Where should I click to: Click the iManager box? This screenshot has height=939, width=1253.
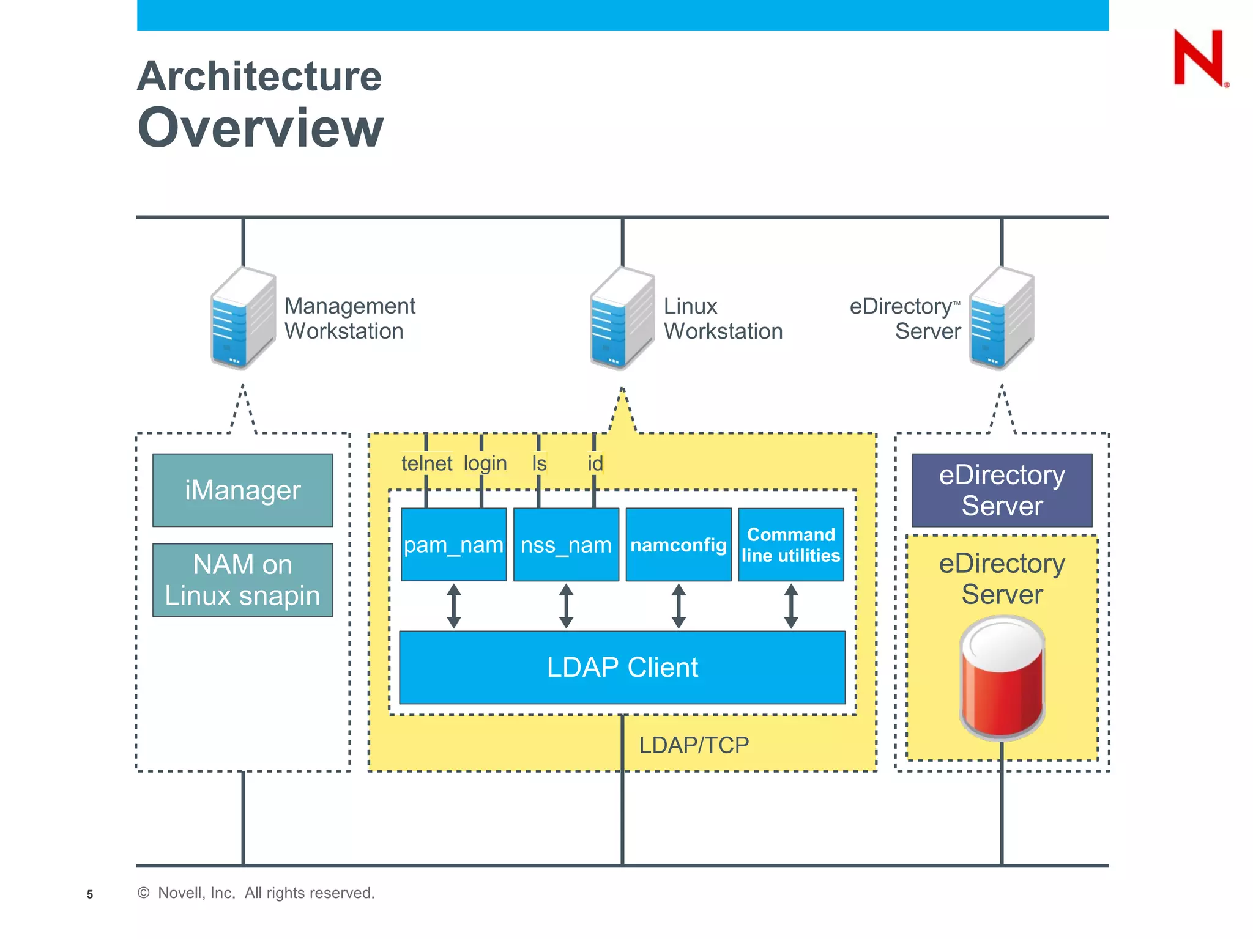click(x=242, y=490)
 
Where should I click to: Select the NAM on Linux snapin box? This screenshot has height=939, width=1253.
click(x=242, y=580)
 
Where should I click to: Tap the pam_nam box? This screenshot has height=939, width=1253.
click(x=453, y=544)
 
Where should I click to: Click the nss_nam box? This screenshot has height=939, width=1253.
click(x=566, y=544)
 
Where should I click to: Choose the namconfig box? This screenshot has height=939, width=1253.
click(x=679, y=544)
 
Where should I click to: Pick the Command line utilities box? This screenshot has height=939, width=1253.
click(x=790, y=544)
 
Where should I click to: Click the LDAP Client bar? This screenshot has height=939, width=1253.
click(x=622, y=667)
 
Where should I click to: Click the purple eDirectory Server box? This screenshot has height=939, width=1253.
click(x=1002, y=490)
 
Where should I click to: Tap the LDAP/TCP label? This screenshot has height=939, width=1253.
click(x=694, y=745)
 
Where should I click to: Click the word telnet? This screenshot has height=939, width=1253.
click(x=426, y=463)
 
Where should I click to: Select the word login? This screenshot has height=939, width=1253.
click(x=485, y=463)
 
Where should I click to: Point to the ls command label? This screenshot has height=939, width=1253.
click(x=538, y=463)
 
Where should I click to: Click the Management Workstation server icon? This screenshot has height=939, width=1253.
click(x=243, y=318)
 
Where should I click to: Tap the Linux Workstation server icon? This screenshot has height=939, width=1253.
click(x=622, y=318)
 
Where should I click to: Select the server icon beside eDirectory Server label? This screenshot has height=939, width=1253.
click(x=1002, y=318)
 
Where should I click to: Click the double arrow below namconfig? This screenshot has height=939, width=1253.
click(x=679, y=606)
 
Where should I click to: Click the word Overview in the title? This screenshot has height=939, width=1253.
click(x=261, y=128)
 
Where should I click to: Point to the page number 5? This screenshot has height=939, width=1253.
click(x=90, y=894)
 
